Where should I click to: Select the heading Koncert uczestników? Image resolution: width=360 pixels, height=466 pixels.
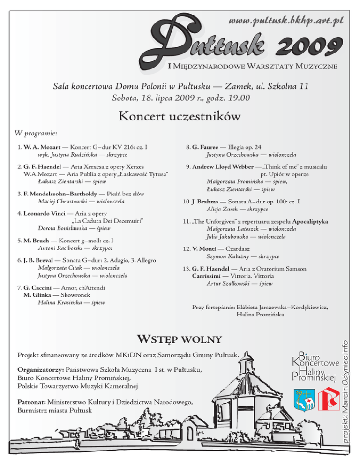tap(180, 115)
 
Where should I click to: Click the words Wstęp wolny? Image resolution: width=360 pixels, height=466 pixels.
tap(179, 338)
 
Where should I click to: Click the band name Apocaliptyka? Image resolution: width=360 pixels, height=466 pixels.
tap(309, 221)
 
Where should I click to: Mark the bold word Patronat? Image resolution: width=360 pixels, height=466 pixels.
tap(31, 402)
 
